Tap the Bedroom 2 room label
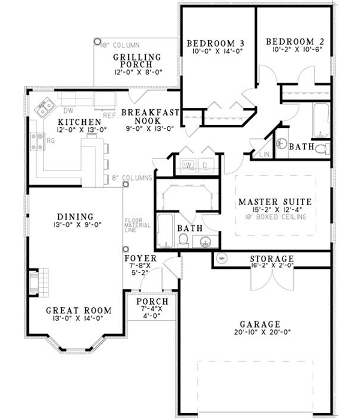tap(295, 41)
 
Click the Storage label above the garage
tap(271, 259)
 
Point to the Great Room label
tap(79, 310)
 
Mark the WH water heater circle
tap(221, 259)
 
